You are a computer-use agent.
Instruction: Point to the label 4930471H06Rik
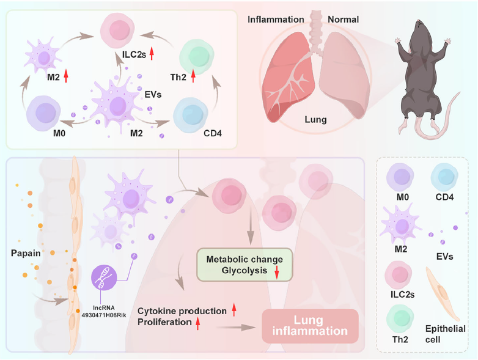[x=105, y=308]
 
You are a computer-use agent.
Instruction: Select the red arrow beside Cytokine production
[x=234, y=310]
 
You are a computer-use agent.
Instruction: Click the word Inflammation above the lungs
[x=276, y=19]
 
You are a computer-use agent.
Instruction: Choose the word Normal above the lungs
[x=343, y=19]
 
